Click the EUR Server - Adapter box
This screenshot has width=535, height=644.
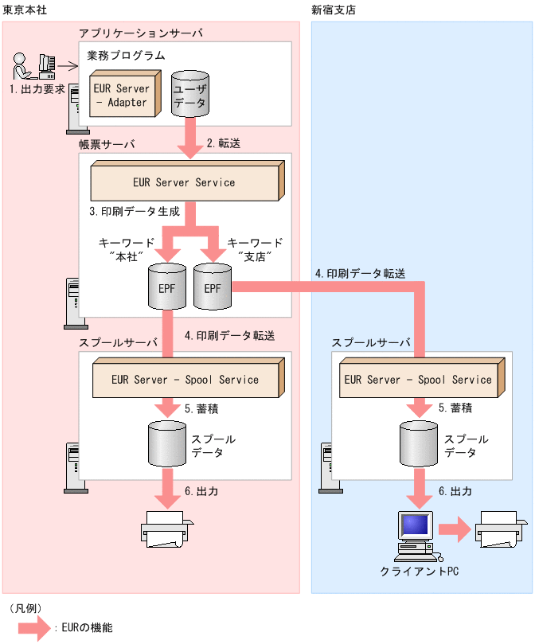(x=122, y=95)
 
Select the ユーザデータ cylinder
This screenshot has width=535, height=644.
(x=189, y=95)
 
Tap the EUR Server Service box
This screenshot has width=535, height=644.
(x=185, y=181)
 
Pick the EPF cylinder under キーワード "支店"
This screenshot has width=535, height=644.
(x=212, y=287)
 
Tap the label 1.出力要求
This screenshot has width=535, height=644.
(x=37, y=89)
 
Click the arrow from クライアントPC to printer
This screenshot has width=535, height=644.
(x=455, y=529)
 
